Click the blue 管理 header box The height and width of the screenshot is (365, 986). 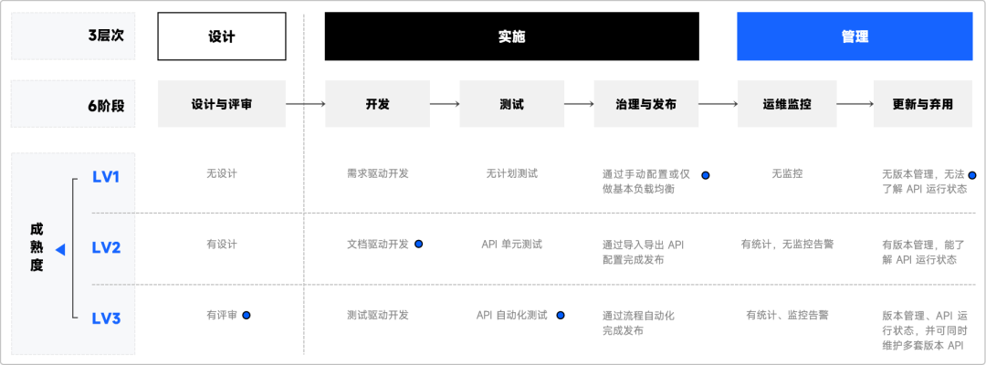(x=855, y=37)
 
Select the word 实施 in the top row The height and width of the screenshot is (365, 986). (x=512, y=37)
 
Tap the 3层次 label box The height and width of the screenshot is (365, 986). (x=73, y=37)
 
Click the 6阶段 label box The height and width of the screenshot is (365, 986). (x=73, y=105)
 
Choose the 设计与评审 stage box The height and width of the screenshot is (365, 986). (x=222, y=104)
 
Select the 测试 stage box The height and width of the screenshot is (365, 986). (x=512, y=104)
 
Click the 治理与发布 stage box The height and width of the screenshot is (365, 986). (x=646, y=104)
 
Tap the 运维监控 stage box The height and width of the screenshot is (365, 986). (x=787, y=104)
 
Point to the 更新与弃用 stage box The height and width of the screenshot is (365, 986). (x=922, y=104)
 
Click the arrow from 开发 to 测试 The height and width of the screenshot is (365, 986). (x=445, y=104)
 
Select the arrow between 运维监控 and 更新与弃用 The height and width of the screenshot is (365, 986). (x=855, y=104)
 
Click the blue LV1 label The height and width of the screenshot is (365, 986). (x=107, y=176)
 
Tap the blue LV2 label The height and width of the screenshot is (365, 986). (x=107, y=247)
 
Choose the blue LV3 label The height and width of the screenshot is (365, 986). (x=107, y=318)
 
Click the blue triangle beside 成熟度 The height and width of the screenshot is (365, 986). (x=59, y=248)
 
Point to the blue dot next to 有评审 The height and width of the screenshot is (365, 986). (x=246, y=315)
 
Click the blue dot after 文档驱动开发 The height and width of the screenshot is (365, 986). (x=418, y=244)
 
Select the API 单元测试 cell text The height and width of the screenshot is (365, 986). (x=511, y=245)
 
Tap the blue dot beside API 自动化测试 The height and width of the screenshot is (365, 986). (x=561, y=315)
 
